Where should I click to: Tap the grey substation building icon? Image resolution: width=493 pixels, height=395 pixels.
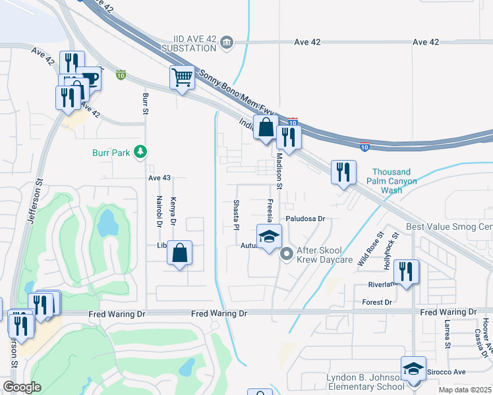click(x=227, y=42)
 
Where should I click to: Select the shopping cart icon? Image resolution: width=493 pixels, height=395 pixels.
click(x=182, y=77)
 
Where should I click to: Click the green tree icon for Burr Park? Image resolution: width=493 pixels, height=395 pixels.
click(x=140, y=152)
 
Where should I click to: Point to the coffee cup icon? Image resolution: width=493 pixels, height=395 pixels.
click(x=89, y=78)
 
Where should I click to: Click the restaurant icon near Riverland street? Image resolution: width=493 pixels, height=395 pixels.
click(x=406, y=271)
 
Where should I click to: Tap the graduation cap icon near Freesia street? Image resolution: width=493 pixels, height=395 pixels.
click(x=268, y=238)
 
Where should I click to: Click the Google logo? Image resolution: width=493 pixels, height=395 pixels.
click(x=22, y=387)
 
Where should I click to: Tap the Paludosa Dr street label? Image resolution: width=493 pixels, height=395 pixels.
click(x=306, y=218)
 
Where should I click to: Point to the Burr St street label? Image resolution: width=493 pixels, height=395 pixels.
click(x=145, y=103)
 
